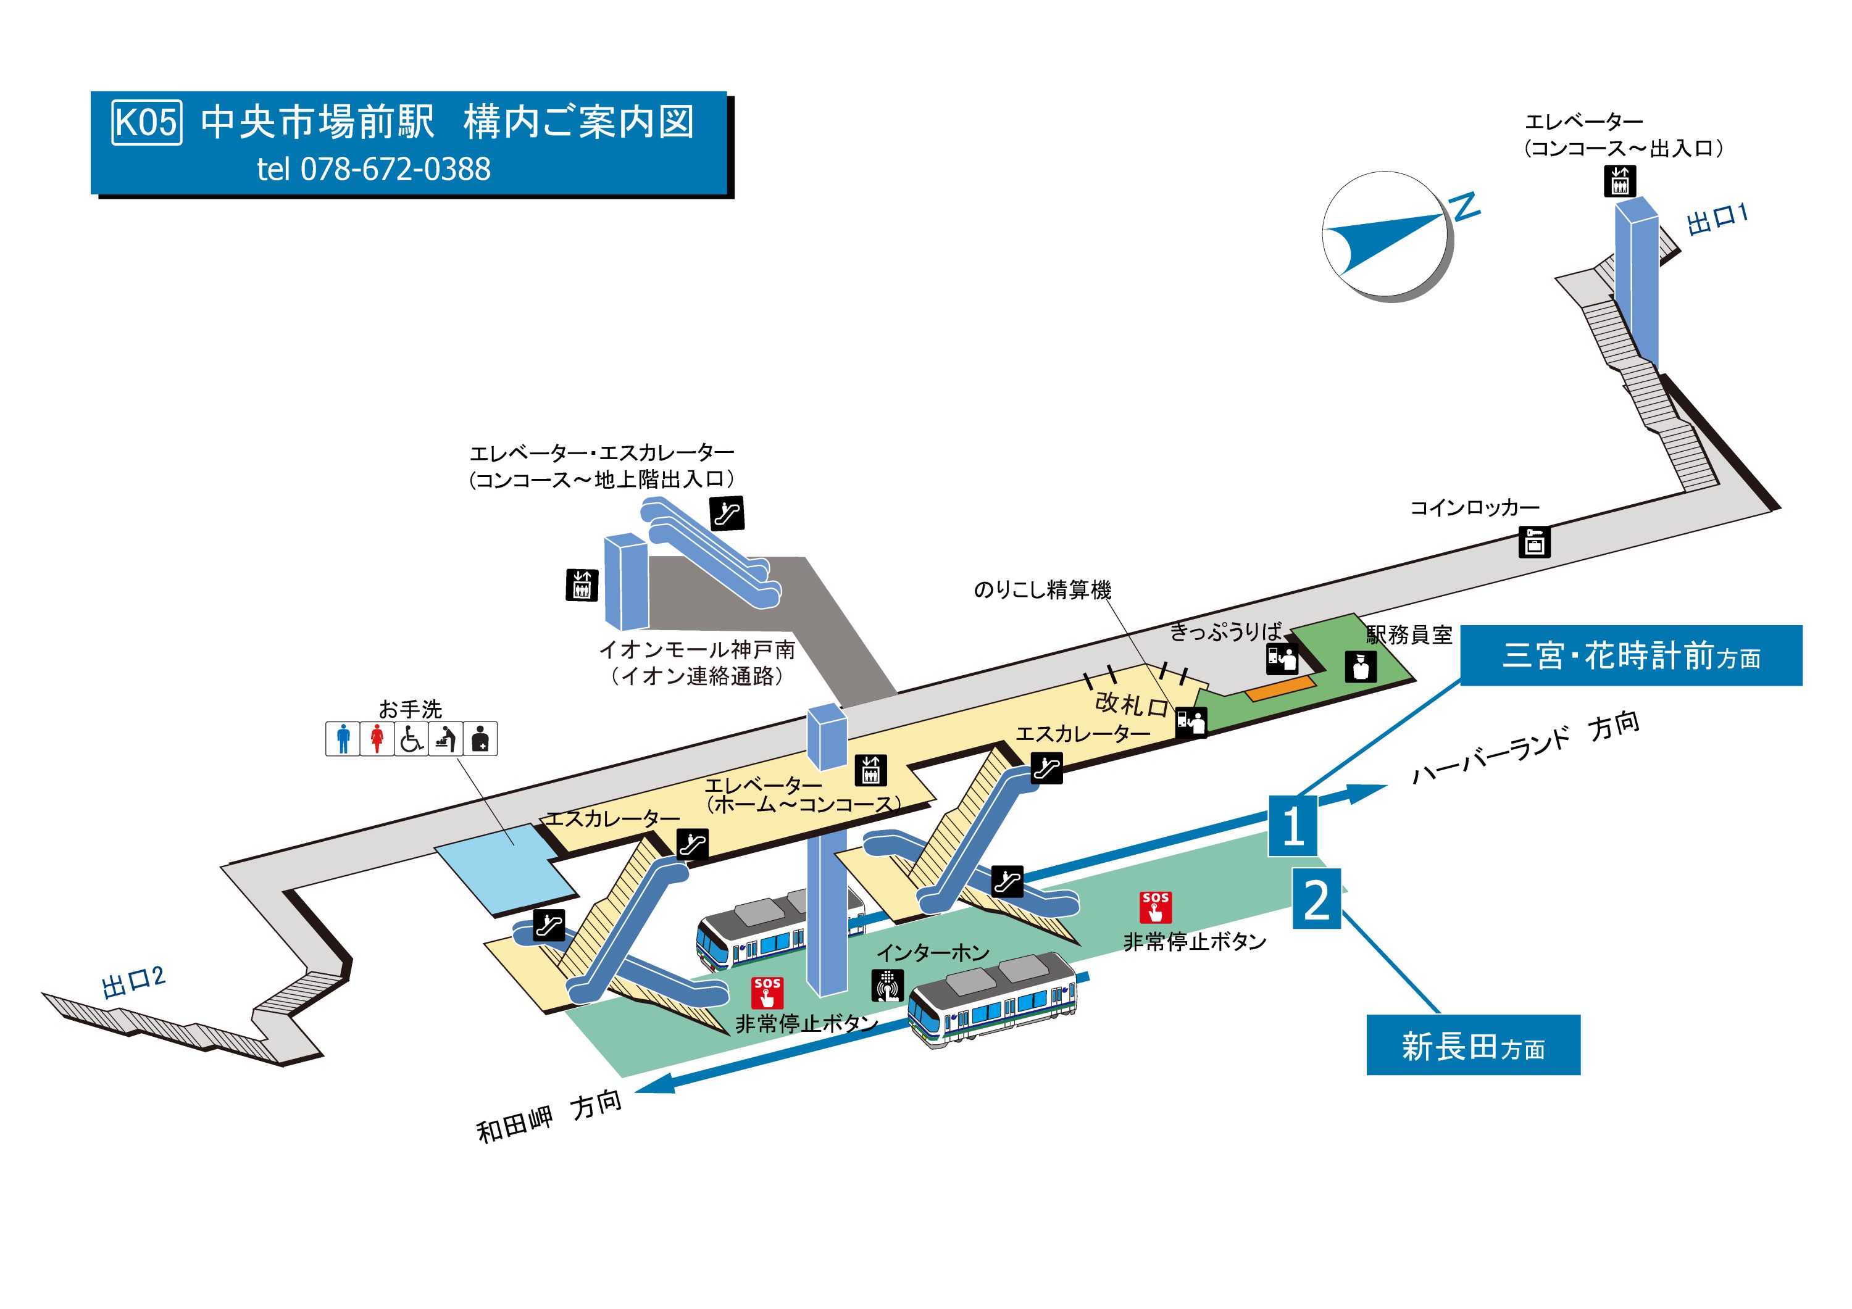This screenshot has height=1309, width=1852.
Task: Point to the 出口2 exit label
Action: tap(133, 981)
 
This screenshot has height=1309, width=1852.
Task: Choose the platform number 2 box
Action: tap(1316, 899)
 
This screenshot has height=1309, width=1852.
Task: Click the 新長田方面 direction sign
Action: tap(1473, 1045)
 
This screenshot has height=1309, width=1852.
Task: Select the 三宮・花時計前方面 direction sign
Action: tap(1630, 655)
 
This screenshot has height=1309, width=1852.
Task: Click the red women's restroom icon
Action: tap(377, 739)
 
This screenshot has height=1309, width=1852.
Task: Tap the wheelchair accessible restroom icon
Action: tap(411, 739)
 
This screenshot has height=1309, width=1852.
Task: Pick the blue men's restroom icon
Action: tap(343, 739)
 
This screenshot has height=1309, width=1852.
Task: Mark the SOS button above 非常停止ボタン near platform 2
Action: tap(1155, 907)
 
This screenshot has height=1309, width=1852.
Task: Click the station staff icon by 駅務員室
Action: tap(1361, 666)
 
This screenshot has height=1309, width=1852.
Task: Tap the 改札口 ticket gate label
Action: tap(1132, 705)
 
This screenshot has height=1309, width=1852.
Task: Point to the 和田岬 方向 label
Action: tap(549, 1116)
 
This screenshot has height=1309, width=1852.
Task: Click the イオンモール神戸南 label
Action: tap(697, 650)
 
